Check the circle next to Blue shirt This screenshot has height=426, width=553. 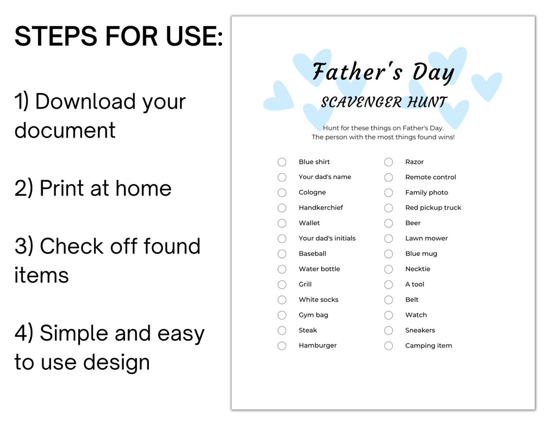(x=282, y=162)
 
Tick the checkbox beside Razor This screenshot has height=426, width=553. (x=389, y=162)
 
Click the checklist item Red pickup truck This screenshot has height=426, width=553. (x=433, y=207)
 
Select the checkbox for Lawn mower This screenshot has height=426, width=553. (x=389, y=239)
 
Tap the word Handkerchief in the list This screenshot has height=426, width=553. (x=321, y=207)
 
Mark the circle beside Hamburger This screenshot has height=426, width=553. (x=282, y=346)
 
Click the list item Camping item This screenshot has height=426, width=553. (x=428, y=345)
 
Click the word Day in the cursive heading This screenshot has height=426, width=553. (x=433, y=73)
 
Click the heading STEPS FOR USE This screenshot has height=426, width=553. (x=119, y=37)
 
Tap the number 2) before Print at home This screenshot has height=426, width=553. (x=24, y=188)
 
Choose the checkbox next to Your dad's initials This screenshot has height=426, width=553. (x=282, y=239)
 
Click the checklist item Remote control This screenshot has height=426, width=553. (x=430, y=177)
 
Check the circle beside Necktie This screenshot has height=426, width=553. (x=389, y=269)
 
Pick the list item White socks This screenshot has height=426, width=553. (x=318, y=300)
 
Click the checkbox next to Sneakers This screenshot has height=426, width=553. (x=389, y=330)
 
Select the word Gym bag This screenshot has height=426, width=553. (x=313, y=315)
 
